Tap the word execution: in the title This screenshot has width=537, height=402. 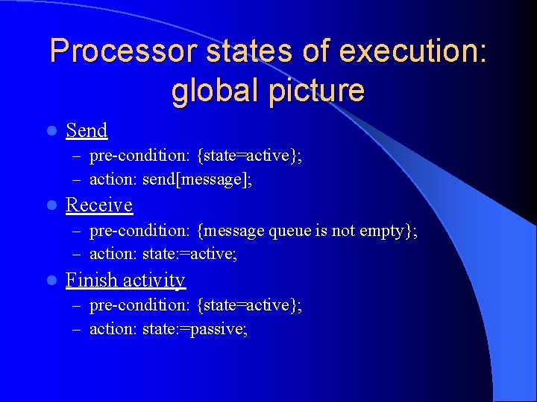tap(412, 51)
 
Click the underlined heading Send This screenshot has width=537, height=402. tap(87, 130)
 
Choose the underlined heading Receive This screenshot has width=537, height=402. tap(99, 205)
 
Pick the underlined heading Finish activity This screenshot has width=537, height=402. tap(125, 280)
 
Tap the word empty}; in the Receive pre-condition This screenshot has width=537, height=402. tap(388, 232)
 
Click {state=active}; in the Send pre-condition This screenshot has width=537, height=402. tap(250, 156)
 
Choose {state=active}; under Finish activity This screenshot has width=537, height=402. tap(250, 305)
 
